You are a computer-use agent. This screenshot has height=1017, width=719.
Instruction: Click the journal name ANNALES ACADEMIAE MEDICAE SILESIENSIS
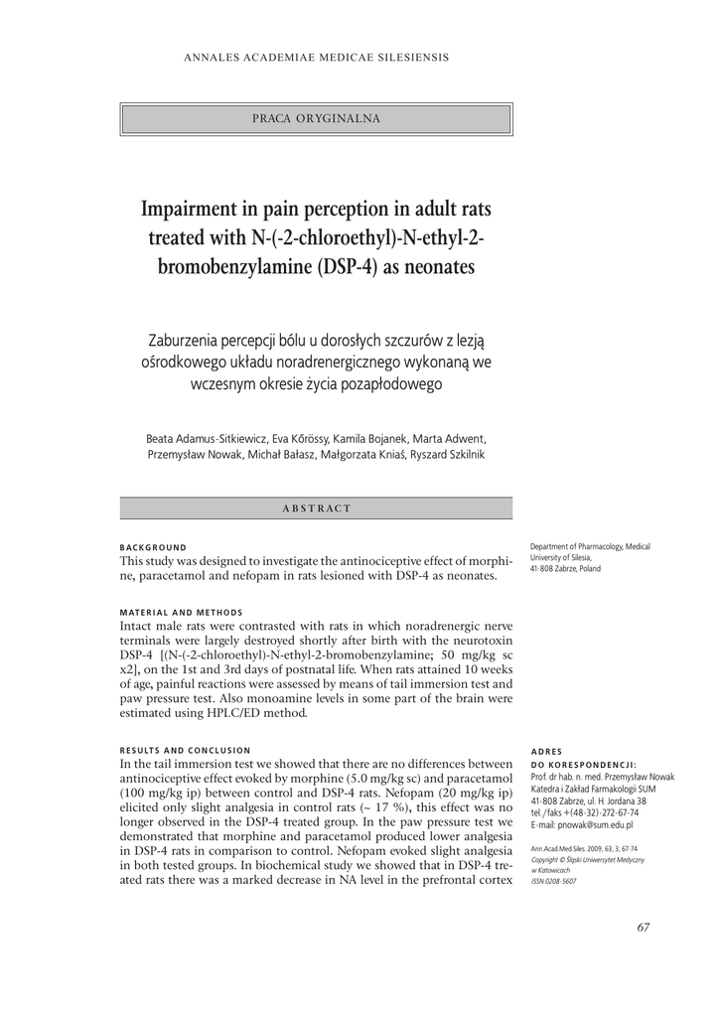coord(317,57)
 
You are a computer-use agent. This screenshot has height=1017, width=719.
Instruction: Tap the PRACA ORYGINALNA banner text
coord(317,118)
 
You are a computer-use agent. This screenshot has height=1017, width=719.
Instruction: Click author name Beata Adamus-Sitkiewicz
coord(205,437)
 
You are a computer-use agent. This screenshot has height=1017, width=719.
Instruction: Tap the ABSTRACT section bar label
coord(317,508)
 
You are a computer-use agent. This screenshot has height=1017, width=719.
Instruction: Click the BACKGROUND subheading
coord(153,547)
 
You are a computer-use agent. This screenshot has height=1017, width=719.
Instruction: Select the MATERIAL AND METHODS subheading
coord(181,612)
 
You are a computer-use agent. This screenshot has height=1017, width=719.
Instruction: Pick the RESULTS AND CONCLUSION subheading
coord(185,750)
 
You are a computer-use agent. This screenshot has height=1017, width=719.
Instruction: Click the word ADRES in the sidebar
coord(546,751)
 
